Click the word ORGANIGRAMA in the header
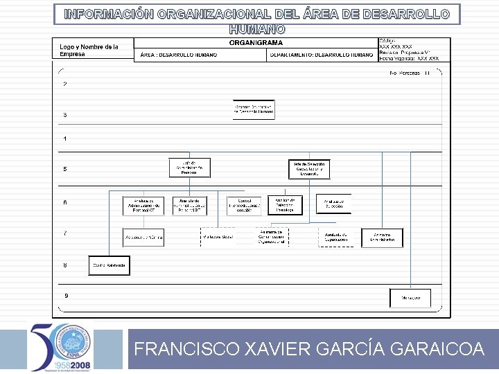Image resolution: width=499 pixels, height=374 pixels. coord(246,43)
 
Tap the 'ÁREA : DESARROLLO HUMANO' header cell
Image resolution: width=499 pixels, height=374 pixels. coord(178,55)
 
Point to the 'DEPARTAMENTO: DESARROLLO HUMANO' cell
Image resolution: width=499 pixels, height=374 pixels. coord(322,55)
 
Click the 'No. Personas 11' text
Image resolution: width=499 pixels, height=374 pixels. coord(410,73)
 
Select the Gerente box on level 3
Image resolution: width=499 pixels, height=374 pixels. coord(254,109)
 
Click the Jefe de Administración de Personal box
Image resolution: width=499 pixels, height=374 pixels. coord(189,168)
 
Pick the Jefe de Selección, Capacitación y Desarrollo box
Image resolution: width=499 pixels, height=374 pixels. coord(309,169)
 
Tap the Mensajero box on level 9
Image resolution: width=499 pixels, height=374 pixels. coord(410,298)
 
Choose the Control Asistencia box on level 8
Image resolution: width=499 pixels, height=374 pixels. coord(110,265)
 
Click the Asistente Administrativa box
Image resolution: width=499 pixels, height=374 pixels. coord(382,238)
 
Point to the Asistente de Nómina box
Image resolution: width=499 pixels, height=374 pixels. coord(143,238)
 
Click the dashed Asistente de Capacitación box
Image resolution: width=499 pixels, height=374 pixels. coord(335,238)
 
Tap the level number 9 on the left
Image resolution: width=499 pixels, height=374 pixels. coord(66,296)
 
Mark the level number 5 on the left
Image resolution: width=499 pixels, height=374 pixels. coord(65,169)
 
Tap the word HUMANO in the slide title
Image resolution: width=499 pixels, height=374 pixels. coord(256,30)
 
